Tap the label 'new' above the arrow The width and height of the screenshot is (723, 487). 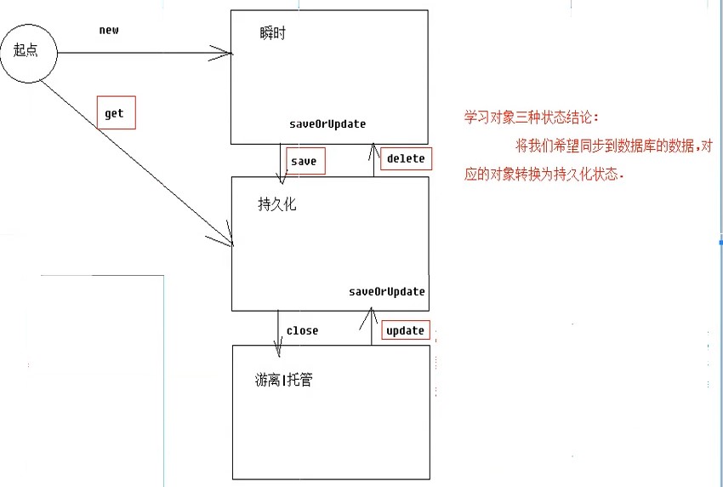[x=109, y=30]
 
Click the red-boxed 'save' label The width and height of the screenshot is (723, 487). [x=304, y=160]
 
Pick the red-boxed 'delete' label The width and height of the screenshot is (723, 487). [x=404, y=158]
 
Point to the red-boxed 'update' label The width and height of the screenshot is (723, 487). [x=405, y=330]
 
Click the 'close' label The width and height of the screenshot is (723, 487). [x=302, y=330]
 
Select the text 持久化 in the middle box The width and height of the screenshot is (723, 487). [x=277, y=204]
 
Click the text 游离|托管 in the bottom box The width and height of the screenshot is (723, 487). [x=283, y=380]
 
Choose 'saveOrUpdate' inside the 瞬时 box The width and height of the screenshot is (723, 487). [x=327, y=124]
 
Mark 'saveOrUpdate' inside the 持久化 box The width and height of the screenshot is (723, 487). [x=387, y=291]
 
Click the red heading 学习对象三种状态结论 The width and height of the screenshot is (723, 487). [x=537, y=117]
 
